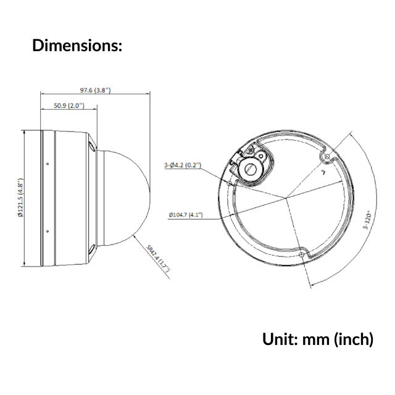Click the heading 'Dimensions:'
(x=77, y=46)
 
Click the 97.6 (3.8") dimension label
(x=95, y=90)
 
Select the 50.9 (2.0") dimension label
(x=69, y=106)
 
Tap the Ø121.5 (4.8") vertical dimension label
(x=20, y=197)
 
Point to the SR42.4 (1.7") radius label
(x=158, y=258)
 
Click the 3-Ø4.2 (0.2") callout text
(x=183, y=165)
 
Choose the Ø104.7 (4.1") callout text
(x=186, y=215)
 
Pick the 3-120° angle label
(x=368, y=221)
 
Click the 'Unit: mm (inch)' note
(x=318, y=339)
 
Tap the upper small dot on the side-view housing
(x=48, y=164)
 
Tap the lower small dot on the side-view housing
(x=48, y=231)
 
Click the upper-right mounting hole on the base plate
(x=327, y=157)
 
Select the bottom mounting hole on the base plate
(x=302, y=255)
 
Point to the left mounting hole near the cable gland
(x=229, y=183)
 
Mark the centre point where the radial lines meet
(x=286, y=198)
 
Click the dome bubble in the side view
(x=127, y=197)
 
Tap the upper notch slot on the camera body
(x=92, y=146)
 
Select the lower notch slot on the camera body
(x=92, y=249)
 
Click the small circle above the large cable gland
(x=260, y=156)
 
